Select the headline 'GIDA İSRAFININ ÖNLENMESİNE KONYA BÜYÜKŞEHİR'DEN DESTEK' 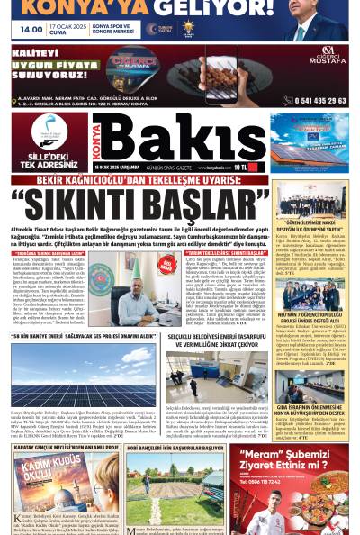click(310, 411)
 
